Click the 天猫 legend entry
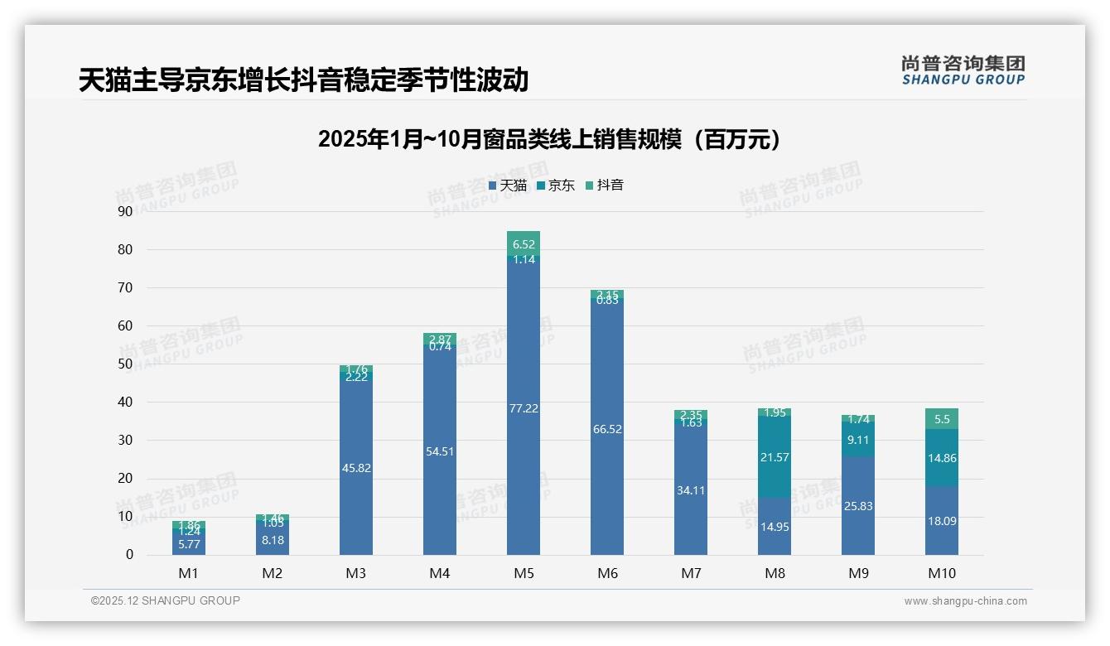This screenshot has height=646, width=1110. [508, 186]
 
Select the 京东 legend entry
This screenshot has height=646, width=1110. [556, 186]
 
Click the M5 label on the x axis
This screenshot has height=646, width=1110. [523, 573]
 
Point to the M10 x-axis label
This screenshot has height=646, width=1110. [941, 573]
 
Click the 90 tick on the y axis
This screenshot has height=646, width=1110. [125, 211]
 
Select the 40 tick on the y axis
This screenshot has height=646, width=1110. [125, 402]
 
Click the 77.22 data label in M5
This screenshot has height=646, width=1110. [523, 408]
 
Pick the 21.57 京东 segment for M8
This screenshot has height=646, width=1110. [775, 457]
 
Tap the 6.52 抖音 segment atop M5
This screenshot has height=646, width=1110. [523, 243]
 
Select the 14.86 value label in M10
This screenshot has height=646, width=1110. [941, 458]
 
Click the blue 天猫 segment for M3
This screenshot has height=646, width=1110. [356, 468]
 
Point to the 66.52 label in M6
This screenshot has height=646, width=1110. [607, 429]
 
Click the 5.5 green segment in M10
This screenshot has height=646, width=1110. [941, 419]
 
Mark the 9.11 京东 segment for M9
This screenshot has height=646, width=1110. [858, 440]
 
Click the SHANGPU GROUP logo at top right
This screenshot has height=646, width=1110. [963, 70]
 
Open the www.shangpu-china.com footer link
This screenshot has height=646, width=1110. [965, 601]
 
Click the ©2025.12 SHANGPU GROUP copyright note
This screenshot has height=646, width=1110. [166, 600]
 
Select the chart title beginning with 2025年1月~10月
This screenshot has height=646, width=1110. [549, 140]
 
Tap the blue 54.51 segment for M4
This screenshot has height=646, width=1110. [440, 451]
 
